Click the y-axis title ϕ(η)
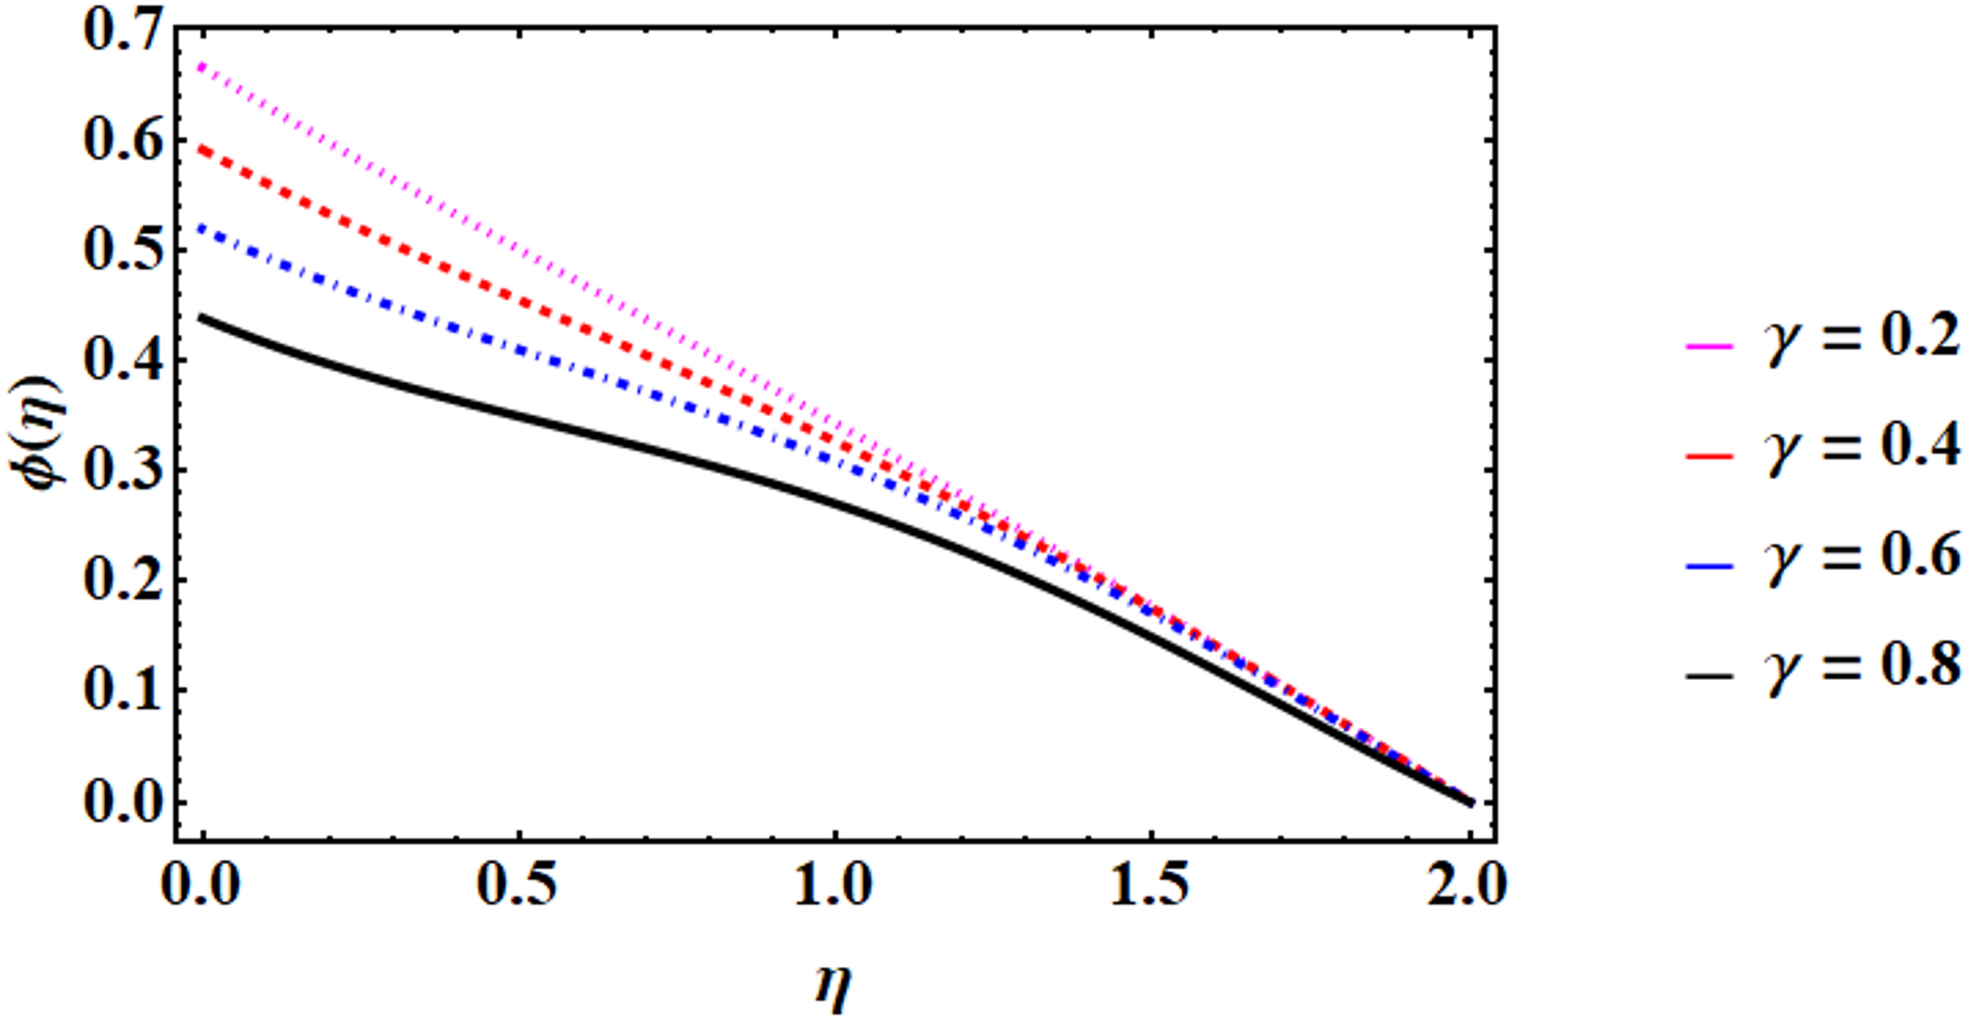point(44,431)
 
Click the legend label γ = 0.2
point(1862,336)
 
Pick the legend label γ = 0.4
point(1862,447)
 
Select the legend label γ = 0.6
point(1862,557)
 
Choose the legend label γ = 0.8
point(1862,667)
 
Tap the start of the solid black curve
point(201,316)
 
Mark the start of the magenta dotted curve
point(201,65)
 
